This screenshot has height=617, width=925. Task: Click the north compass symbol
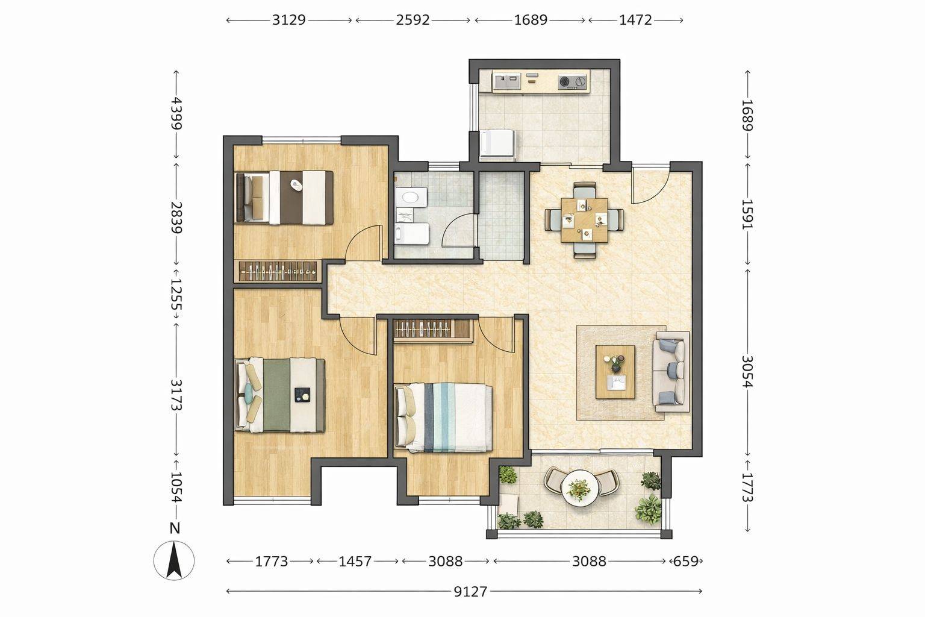pyautogui.click(x=174, y=561)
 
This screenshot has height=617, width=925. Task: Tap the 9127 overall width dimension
pyautogui.click(x=470, y=592)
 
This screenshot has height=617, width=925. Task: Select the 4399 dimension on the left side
pyautogui.click(x=176, y=113)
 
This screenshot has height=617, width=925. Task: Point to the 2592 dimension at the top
pyautogui.click(x=413, y=20)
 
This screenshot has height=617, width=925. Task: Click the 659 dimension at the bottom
pyautogui.click(x=685, y=561)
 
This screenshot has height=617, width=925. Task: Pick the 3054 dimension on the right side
pyautogui.click(x=747, y=371)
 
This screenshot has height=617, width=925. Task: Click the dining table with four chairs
pyautogui.click(x=584, y=220)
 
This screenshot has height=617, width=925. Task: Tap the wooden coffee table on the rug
pyautogui.click(x=615, y=372)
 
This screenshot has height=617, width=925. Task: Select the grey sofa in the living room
pyautogui.click(x=671, y=372)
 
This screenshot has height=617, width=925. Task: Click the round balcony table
pyautogui.click(x=580, y=488)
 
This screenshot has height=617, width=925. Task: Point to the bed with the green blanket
pyautogui.click(x=279, y=395)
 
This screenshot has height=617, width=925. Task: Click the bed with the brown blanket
pyautogui.click(x=284, y=198)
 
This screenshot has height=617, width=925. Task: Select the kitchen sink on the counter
pyautogui.click(x=507, y=81)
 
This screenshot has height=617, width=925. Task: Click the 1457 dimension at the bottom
pyautogui.click(x=355, y=561)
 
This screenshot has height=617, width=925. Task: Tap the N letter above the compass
pyautogui.click(x=175, y=528)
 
